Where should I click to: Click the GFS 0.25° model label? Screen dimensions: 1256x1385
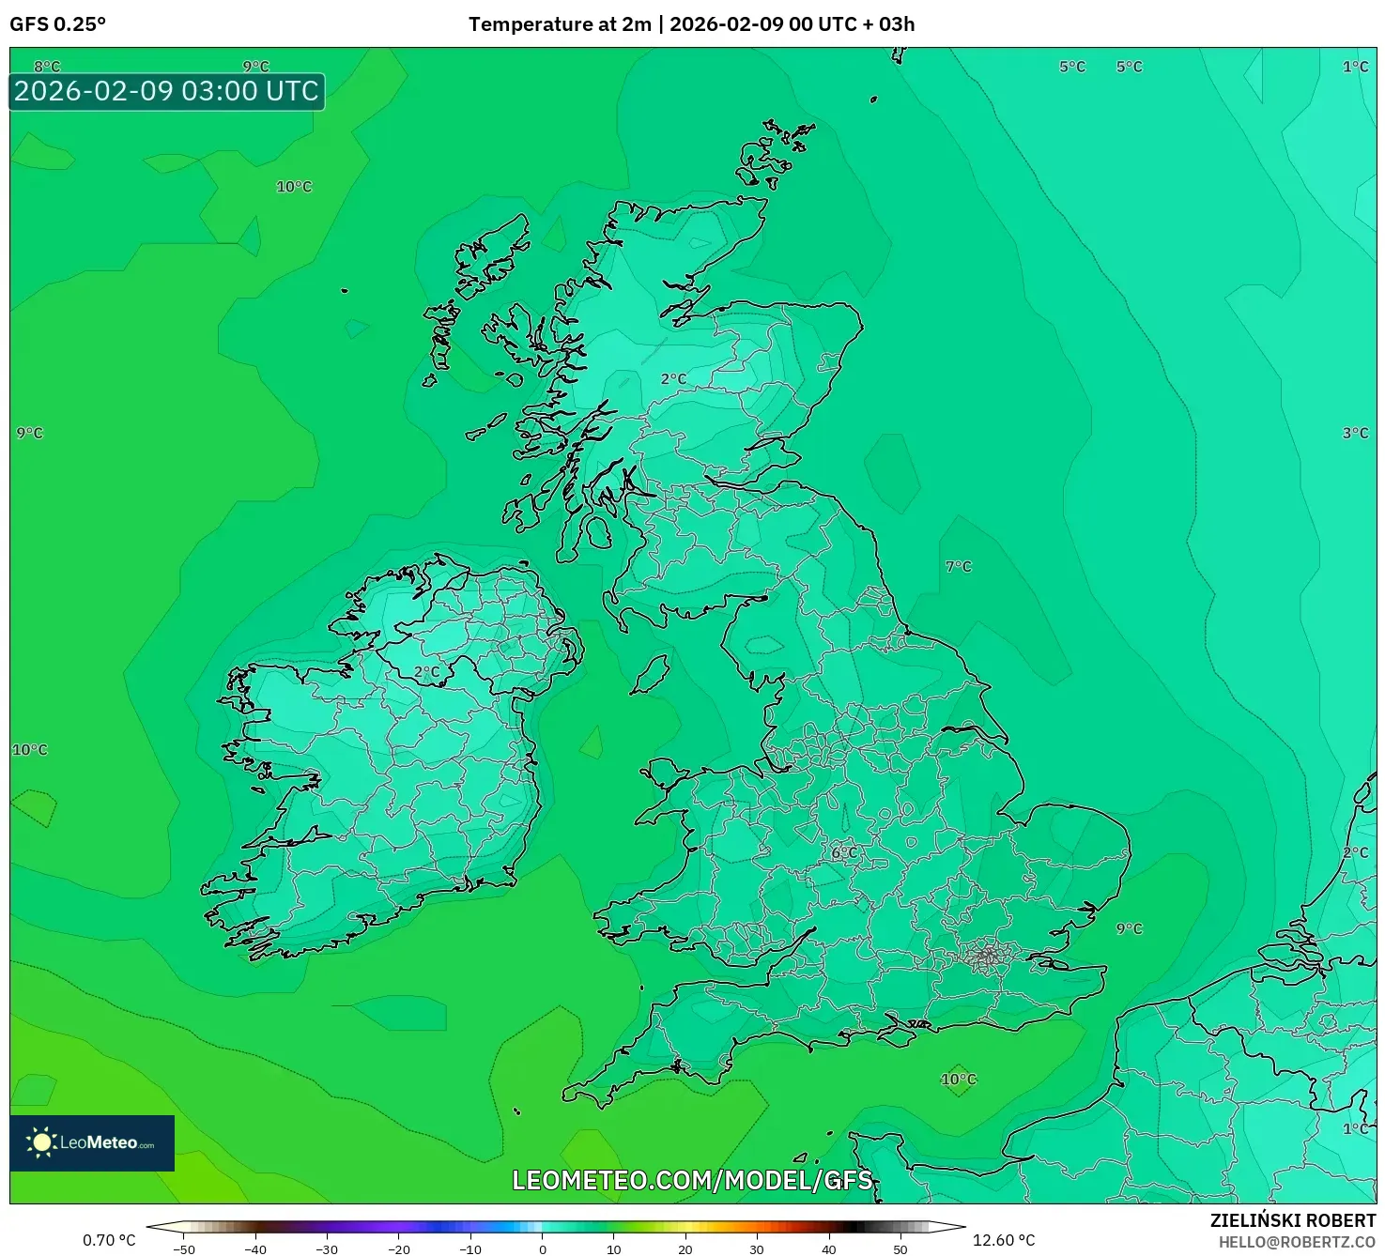coord(57,24)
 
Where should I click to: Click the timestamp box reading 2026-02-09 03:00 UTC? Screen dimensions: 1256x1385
coord(167,91)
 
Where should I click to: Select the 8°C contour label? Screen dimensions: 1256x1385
coord(47,67)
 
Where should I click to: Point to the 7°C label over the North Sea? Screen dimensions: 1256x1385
coord(958,566)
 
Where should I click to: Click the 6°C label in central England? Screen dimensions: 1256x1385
coord(844,852)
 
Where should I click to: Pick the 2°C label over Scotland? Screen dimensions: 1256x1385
coord(673,378)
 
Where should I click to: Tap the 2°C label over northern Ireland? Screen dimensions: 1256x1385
coord(426,672)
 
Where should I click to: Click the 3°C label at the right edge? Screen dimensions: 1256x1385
coord(1355,433)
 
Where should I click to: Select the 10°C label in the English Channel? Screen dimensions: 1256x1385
coord(958,1079)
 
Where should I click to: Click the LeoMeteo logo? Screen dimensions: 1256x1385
coord(92,1142)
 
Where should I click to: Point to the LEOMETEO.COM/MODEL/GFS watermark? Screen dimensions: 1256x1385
coord(692,1180)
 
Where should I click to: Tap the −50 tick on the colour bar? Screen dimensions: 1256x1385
coord(184,1248)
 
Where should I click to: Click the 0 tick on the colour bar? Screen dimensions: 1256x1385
coord(542,1248)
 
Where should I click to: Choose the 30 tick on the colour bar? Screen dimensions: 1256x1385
coord(757,1248)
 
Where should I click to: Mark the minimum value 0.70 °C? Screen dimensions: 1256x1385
coord(109,1240)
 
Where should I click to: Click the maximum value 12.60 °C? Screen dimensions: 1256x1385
coord(1003,1240)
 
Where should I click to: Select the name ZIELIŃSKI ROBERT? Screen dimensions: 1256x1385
coord(1292,1220)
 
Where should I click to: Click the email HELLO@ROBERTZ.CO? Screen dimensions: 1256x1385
coord(1297,1242)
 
